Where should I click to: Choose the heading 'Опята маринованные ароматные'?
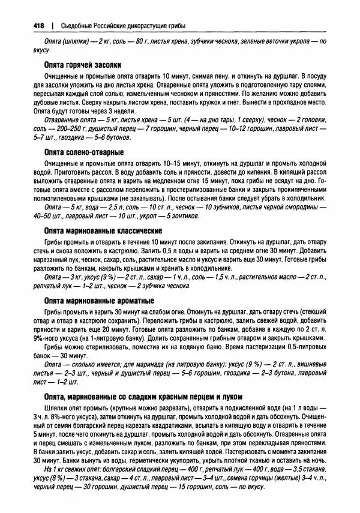pos(99,300)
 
